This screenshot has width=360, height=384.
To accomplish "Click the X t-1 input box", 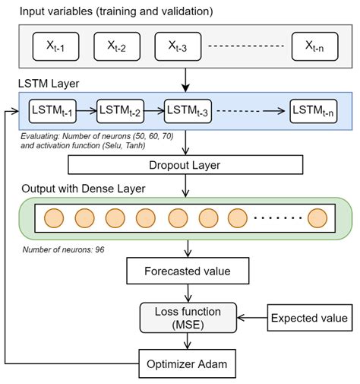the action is click(x=55, y=46).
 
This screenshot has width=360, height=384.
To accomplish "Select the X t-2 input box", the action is click(x=117, y=46).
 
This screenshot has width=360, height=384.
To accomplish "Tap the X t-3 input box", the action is click(x=178, y=46).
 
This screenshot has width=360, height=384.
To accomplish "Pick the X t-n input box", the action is click(x=314, y=46).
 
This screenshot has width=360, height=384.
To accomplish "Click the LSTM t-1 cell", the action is click(x=52, y=111).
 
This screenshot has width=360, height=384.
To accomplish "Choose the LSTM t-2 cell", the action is click(x=120, y=111).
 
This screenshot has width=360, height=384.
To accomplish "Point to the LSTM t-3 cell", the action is click(x=188, y=111).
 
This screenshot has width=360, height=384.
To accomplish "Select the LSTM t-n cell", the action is click(x=314, y=111).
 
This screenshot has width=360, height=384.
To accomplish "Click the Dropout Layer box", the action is click(x=185, y=165).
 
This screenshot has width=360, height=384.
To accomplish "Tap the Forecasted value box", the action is click(x=188, y=271).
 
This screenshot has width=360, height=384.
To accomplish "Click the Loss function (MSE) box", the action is click(x=188, y=318).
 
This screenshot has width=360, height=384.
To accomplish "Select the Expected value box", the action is click(x=310, y=318).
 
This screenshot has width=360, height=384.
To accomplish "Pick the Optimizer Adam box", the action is click(x=187, y=363).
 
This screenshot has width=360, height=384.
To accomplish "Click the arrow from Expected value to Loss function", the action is click(x=252, y=318).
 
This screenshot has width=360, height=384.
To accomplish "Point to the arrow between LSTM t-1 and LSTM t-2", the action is click(x=87, y=111).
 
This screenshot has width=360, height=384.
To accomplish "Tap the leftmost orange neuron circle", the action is click(x=54, y=218).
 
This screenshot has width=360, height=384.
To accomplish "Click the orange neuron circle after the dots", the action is click(x=317, y=218).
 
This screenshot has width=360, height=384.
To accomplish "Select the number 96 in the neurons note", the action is click(x=99, y=249).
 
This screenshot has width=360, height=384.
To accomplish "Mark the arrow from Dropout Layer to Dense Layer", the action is click(x=185, y=186).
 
